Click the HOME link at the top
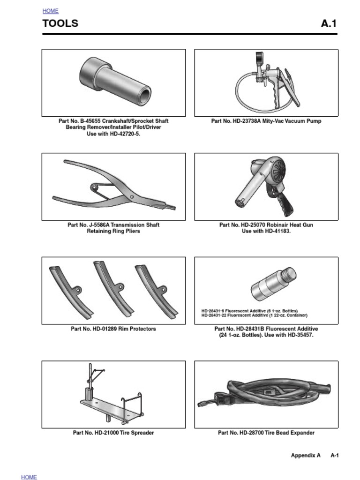pyautogui.click(x=50, y=11)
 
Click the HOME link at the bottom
pyautogui.click(x=29, y=477)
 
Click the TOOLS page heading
pyautogui.click(x=60, y=23)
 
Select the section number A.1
pyautogui.click(x=329, y=23)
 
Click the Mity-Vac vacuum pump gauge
pyautogui.click(x=259, y=60)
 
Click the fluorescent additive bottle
pyautogui.click(x=273, y=284)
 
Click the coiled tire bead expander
pyautogui.click(x=267, y=391)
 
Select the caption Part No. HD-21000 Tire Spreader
pyautogui.click(x=113, y=433)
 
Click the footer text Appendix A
pyautogui.click(x=306, y=455)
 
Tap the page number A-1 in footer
pyautogui.click(x=334, y=455)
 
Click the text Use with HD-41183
pyautogui.click(x=266, y=231)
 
